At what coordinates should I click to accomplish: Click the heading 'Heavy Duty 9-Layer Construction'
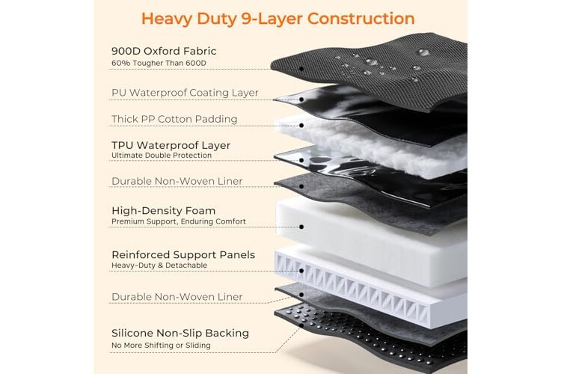coord(278,19)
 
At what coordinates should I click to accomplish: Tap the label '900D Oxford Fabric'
coord(164,51)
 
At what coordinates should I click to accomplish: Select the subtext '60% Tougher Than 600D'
coord(159,64)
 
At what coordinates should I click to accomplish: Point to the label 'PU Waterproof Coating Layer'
coord(185,93)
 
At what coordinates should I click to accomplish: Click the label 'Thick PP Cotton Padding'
coord(174,119)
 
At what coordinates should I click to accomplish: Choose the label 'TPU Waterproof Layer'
coord(171,145)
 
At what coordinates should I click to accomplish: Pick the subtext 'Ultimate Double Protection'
coord(162,156)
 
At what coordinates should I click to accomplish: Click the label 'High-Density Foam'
coord(164,211)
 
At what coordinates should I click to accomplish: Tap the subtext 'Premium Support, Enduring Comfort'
coord(179,221)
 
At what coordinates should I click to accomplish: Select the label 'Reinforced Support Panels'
coord(183,255)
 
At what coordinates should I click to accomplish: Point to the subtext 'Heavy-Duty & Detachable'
coord(159,266)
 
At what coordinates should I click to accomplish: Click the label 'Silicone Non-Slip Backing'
coord(180,333)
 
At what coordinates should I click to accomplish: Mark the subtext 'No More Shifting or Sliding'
coord(161,346)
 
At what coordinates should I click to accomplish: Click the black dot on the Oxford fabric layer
coord(301,69)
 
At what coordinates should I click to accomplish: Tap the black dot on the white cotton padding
coord(301,125)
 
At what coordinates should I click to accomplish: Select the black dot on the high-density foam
coord(301,227)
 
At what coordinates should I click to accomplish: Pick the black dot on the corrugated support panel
coord(301,271)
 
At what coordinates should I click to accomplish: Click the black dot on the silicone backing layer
coord(301,325)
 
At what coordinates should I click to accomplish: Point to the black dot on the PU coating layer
coord(301,99)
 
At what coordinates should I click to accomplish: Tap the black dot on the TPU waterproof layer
coord(301,160)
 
